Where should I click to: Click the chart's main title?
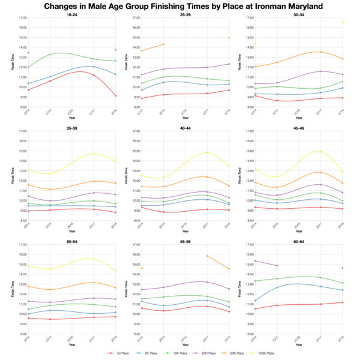click(180, 6)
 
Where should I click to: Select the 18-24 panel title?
click(71, 14)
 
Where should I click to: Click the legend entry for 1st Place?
click(121, 354)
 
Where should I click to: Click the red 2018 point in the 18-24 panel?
click(116, 96)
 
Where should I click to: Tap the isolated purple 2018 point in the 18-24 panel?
click(116, 50)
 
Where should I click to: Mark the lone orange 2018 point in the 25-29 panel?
click(229, 38)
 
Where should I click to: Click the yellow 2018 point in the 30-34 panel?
click(343, 22)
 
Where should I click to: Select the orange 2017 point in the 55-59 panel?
click(207, 256)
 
